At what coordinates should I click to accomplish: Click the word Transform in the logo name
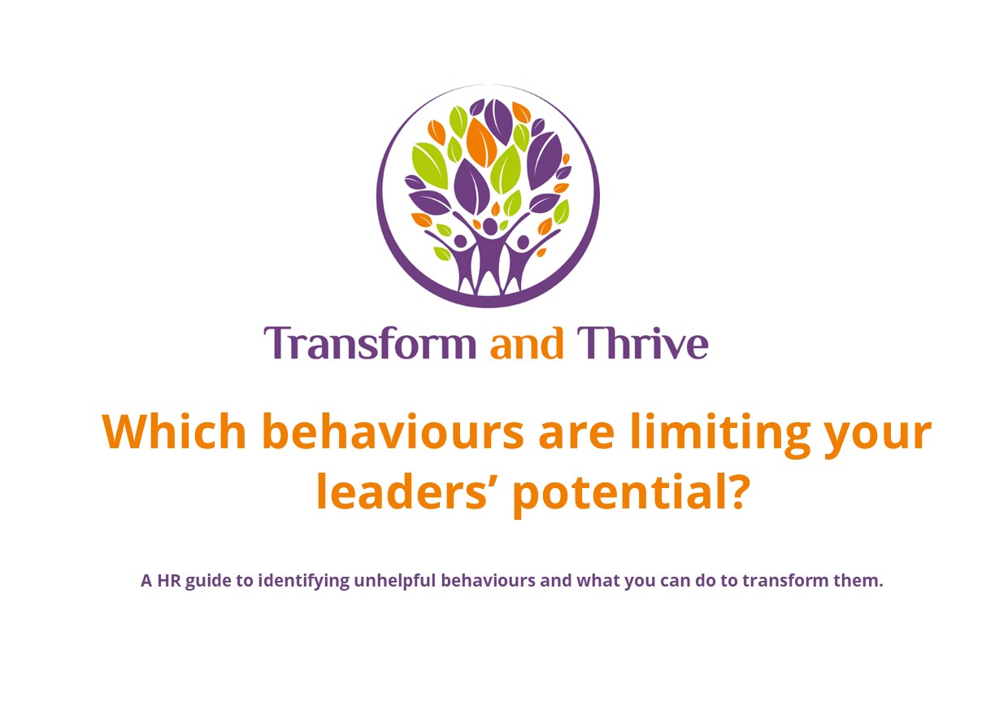coord(370,343)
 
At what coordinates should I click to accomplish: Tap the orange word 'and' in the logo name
coord(526,343)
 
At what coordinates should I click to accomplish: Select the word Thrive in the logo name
coord(642,343)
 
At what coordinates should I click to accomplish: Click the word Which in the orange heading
coord(174,430)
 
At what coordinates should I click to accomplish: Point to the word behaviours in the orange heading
coord(393,430)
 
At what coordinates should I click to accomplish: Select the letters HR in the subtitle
coord(169,581)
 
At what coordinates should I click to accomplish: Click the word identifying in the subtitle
coord(304,582)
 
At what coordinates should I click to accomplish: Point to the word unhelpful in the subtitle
coord(395,582)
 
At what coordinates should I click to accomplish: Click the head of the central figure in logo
coord(489,226)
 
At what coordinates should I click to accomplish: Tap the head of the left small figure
coord(460,242)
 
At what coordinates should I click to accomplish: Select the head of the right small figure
coord(523,243)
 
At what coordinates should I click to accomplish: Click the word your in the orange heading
coord(878,435)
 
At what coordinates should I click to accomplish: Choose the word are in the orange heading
coord(576,435)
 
